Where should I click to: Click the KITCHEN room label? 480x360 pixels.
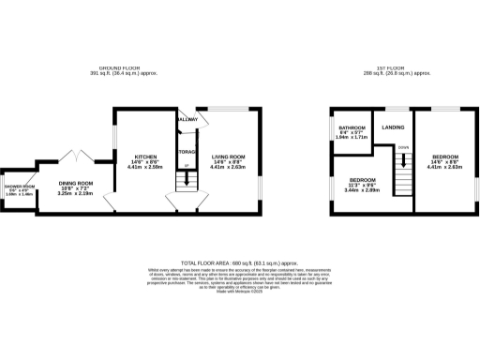pos(145,157)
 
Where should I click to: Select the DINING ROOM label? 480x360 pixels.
pos(77,183)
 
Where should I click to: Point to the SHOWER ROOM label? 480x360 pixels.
pos(20,187)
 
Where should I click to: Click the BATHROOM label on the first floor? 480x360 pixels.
pos(352,127)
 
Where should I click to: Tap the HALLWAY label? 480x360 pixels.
pos(187,120)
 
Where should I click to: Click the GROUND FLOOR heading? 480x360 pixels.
pos(120,68)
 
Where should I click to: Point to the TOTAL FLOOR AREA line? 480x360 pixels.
pos(239,263)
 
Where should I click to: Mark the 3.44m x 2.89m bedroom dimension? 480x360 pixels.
pos(363,190)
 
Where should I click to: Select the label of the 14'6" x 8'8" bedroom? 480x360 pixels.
pos(445,157)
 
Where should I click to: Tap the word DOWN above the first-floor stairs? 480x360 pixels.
pos(403,147)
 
